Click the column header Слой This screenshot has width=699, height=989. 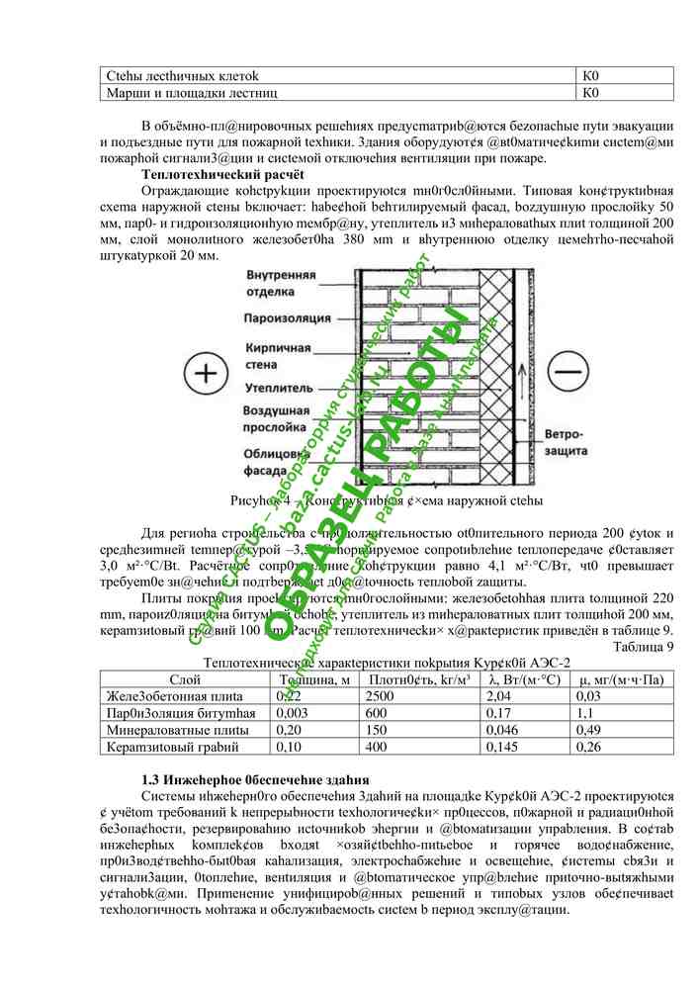pos(185,680)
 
